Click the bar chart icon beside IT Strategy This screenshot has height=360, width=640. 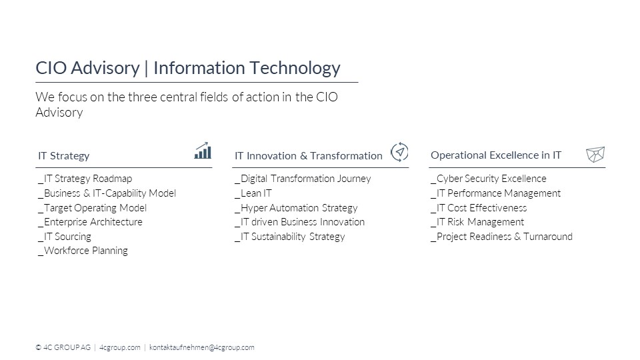[203, 151]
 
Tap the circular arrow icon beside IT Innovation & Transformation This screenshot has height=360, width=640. [399, 152]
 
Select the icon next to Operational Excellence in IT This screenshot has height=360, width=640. [595, 154]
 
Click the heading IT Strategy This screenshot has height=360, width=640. [64, 156]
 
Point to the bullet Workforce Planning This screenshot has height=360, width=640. [83, 251]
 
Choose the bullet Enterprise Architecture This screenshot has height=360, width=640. [90, 222]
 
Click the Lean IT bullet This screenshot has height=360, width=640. [253, 193]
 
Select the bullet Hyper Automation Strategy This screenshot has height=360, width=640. [296, 208]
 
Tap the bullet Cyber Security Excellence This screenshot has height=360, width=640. [489, 179]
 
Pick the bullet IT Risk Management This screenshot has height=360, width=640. [477, 222]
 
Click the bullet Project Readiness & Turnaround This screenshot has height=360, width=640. [501, 237]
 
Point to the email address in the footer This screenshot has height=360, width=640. [201, 347]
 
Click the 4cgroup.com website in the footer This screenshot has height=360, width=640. [119, 347]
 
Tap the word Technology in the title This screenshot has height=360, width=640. [295, 68]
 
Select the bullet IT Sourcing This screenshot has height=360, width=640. [65, 237]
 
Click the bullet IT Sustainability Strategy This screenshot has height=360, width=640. [290, 237]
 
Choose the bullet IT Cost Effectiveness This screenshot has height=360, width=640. [479, 208]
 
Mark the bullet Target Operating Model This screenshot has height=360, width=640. [92, 208]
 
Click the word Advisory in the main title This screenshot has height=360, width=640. [105, 68]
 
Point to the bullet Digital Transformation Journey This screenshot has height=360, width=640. [303, 179]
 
